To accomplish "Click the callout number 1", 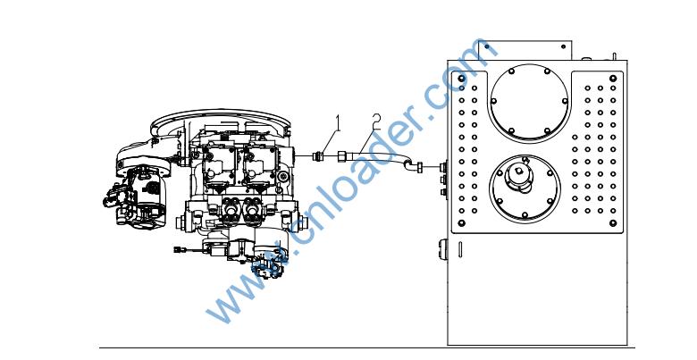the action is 338,123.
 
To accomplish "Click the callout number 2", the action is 376,121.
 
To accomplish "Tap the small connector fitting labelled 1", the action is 318,156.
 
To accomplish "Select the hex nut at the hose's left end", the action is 343,156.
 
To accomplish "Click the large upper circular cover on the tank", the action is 529,102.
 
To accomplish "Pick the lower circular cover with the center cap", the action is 525,188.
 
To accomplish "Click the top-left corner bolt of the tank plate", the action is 461,79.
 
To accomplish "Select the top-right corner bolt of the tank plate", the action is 613,79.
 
